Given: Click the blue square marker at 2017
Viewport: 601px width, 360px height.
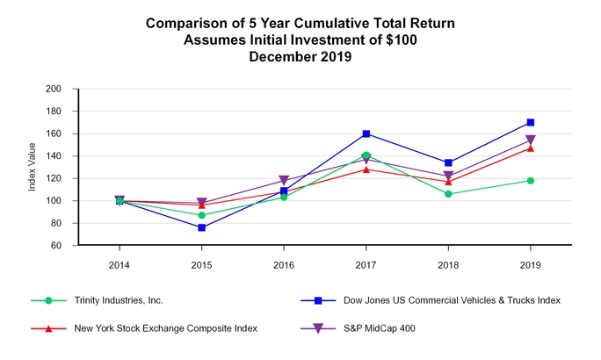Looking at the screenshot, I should (366, 133).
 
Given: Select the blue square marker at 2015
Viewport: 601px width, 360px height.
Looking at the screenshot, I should (202, 227).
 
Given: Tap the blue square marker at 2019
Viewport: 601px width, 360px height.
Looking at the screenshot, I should (531, 123).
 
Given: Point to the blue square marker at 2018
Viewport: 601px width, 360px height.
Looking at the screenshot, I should (448, 162).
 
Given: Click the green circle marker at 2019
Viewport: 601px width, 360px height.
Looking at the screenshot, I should (531, 181).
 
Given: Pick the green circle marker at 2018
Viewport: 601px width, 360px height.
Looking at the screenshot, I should (448, 194).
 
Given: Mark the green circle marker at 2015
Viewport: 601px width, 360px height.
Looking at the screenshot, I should (202, 215).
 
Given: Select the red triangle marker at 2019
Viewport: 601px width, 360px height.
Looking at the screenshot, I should (531, 148).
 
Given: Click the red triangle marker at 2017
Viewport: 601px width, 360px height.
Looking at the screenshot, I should (366, 169).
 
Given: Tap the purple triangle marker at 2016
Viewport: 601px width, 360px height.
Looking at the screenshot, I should (284, 181).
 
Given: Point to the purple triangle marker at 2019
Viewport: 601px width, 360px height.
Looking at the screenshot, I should (531, 140).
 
